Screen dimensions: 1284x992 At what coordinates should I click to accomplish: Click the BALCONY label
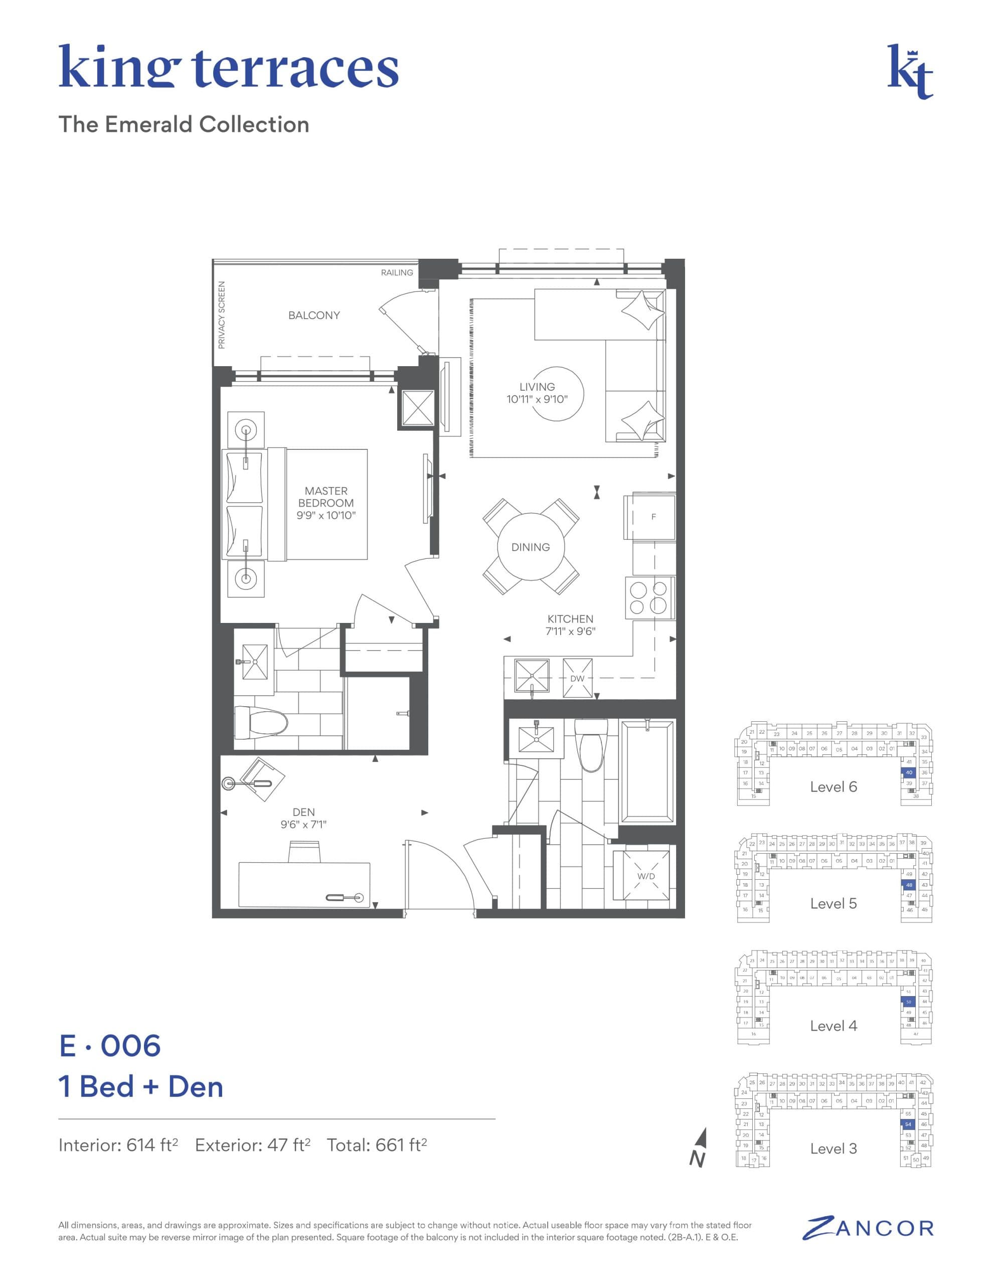(313, 315)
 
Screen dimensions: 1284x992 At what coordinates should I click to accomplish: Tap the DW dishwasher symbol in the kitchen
(577, 678)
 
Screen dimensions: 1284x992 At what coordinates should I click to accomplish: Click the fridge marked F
(650, 517)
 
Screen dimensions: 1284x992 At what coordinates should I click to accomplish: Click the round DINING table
(531, 547)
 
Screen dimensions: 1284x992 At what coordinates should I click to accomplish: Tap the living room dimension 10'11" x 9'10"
(537, 399)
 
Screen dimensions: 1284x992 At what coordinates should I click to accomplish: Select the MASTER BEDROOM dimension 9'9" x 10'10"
(326, 515)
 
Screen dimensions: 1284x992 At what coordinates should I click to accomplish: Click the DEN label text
(303, 812)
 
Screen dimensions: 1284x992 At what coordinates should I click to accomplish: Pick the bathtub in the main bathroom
(648, 771)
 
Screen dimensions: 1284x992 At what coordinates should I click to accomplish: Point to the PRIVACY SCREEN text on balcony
(222, 315)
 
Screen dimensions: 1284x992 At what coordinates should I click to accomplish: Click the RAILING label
(396, 272)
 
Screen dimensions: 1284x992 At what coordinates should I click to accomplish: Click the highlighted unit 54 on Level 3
(908, 1124)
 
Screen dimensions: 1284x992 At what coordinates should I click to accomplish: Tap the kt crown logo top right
(909, 71)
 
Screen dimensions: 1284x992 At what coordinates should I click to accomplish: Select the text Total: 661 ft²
(376, 1145)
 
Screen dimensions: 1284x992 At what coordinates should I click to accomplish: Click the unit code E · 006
(110, 1046)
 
